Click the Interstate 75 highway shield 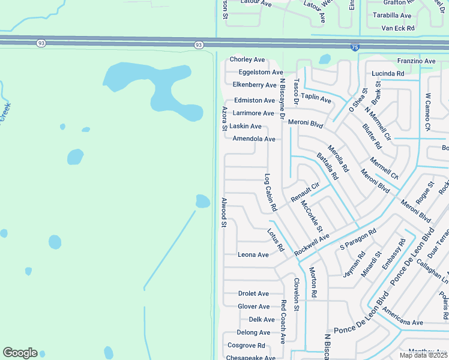[x=356, y=47]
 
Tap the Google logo [x=20, y=353]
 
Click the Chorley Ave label [x=247, y=60]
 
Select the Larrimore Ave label [x=253, y=113]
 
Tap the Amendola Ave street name [x=253, y=139]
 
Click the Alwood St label [x=223, y=213]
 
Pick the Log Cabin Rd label [x=270, y=192]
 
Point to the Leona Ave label [x=253, y=255]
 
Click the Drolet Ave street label [x=253, y=294]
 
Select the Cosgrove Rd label [x=246, y=346]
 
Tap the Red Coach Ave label [x=283, y=322]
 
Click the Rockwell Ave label [x=312, y=245]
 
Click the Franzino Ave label [x=416, y=61]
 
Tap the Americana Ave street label [x=403, y=323]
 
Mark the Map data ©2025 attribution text [x=423, y=355]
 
